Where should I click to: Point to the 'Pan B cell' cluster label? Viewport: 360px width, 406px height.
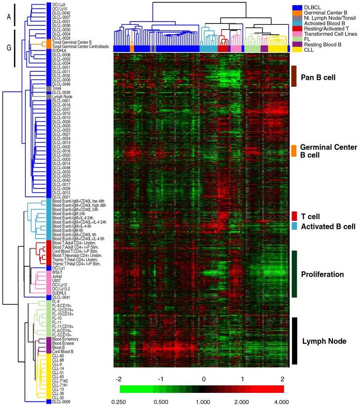tap(320, 75)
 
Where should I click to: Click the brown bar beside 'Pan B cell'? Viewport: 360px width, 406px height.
tap(294, 75)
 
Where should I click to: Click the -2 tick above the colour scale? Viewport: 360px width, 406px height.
tap(119, 378)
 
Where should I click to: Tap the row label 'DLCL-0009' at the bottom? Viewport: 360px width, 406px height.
tap(61, 401)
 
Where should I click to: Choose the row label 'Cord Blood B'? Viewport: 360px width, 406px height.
tap(63, 351)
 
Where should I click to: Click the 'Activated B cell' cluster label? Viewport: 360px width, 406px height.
tap(328, 226)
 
